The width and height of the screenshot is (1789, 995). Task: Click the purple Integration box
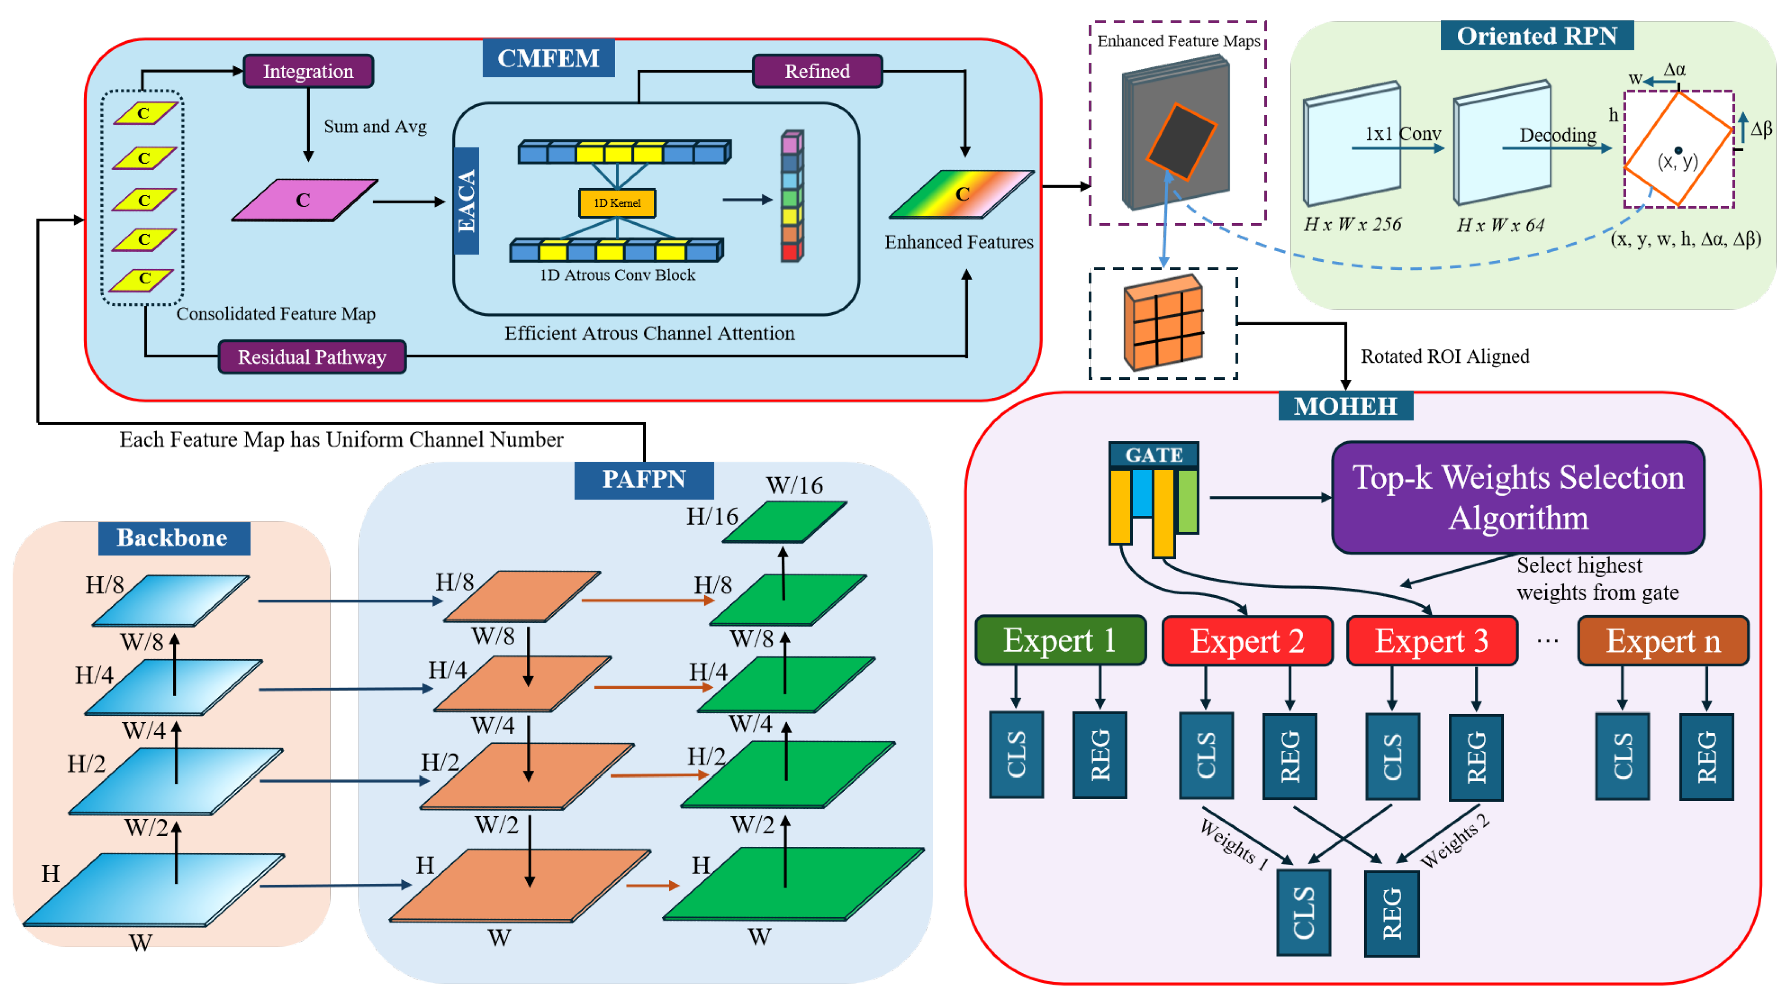pos(308,71)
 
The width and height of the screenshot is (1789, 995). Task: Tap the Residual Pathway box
pos(312,357)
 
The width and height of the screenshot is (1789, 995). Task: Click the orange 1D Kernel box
pos(617,203)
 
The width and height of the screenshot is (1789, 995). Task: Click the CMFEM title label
pos(548,58)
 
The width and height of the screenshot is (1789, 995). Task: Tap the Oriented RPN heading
pos(1536,35)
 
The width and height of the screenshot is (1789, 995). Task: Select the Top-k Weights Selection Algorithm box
pos(1518,497)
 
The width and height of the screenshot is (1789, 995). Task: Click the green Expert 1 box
pos(1060,640)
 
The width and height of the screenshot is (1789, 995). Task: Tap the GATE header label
pos(1153,455)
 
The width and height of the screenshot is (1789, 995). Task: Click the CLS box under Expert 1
pos(1016,754)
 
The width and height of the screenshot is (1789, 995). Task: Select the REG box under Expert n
pos(1706,757)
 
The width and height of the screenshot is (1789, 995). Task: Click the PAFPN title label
pos(644,480)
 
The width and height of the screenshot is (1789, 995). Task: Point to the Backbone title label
pos(173,538)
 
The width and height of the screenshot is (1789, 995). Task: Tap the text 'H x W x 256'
pos(1352,224)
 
